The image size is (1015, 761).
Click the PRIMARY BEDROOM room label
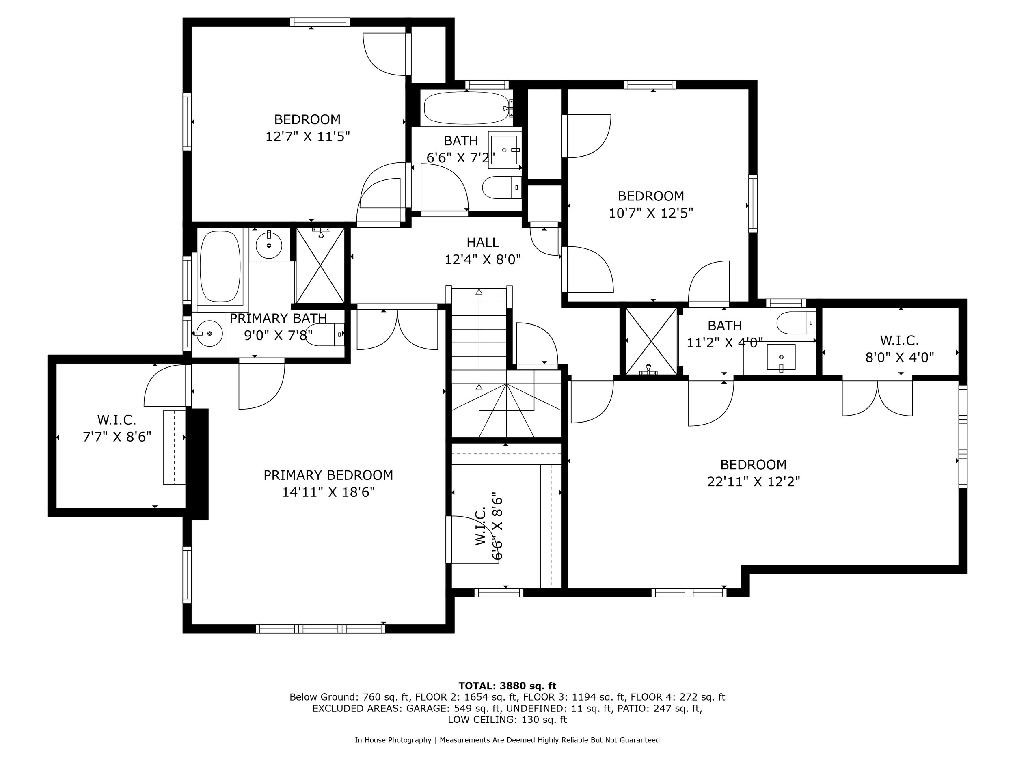point(328,475)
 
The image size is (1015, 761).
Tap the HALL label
point(483,243)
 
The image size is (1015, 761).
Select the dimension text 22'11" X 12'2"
point(754,482)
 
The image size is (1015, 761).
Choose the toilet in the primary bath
point(325,334)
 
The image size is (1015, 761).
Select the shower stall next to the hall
point(320,266)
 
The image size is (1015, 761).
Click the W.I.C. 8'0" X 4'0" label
point(899,349)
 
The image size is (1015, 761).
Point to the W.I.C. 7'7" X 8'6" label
point(117,428)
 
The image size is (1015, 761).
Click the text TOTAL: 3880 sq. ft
point(508,686)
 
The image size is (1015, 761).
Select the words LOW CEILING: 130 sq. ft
point(508,720)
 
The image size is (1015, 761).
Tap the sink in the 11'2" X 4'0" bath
point(781,357)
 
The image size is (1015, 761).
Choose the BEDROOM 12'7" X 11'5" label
point(307,128)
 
